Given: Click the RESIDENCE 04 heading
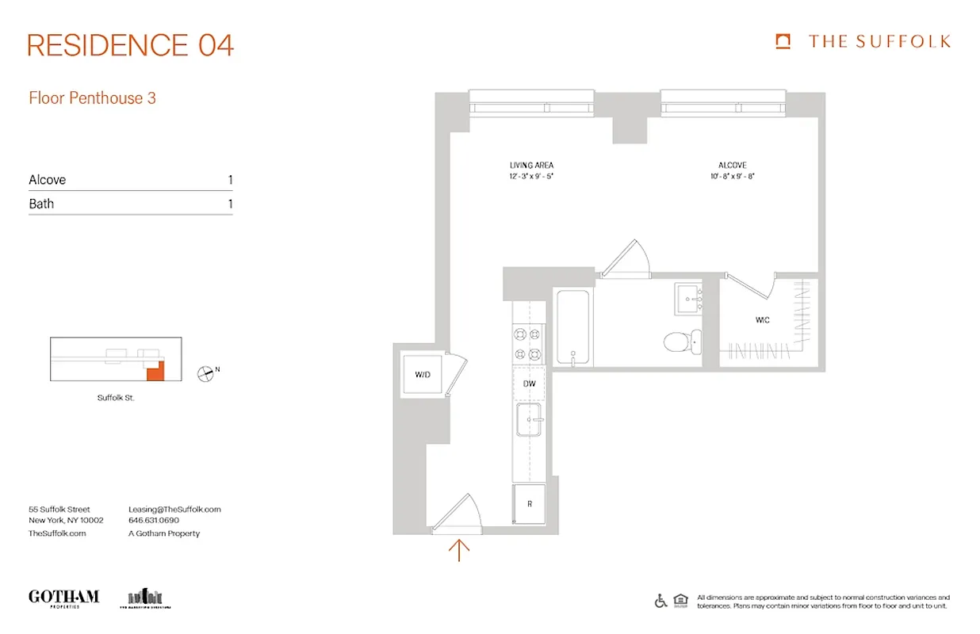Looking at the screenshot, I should (x=131, y=45).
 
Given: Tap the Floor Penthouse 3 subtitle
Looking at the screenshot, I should (x=92, y=98).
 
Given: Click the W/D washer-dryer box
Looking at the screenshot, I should (x=423, y=374).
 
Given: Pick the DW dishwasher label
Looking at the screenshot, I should (x=529, y=384).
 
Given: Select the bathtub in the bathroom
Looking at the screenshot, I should (x=572, y=327).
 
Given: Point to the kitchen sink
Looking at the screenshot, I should (x=528, y=419).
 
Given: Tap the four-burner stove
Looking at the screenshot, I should (x=528, y=344).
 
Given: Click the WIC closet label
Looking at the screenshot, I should (x=762, y=320).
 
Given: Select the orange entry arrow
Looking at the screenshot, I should (x=459, y=549).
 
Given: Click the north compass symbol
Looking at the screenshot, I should (x=206, y=372).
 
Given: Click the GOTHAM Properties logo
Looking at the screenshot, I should (x=63, y=598).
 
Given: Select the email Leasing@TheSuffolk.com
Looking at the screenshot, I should (x=174, y=510).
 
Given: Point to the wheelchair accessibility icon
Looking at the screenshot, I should (x=660, y=601).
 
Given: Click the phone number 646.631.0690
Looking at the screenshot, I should (x=154, y=521).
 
